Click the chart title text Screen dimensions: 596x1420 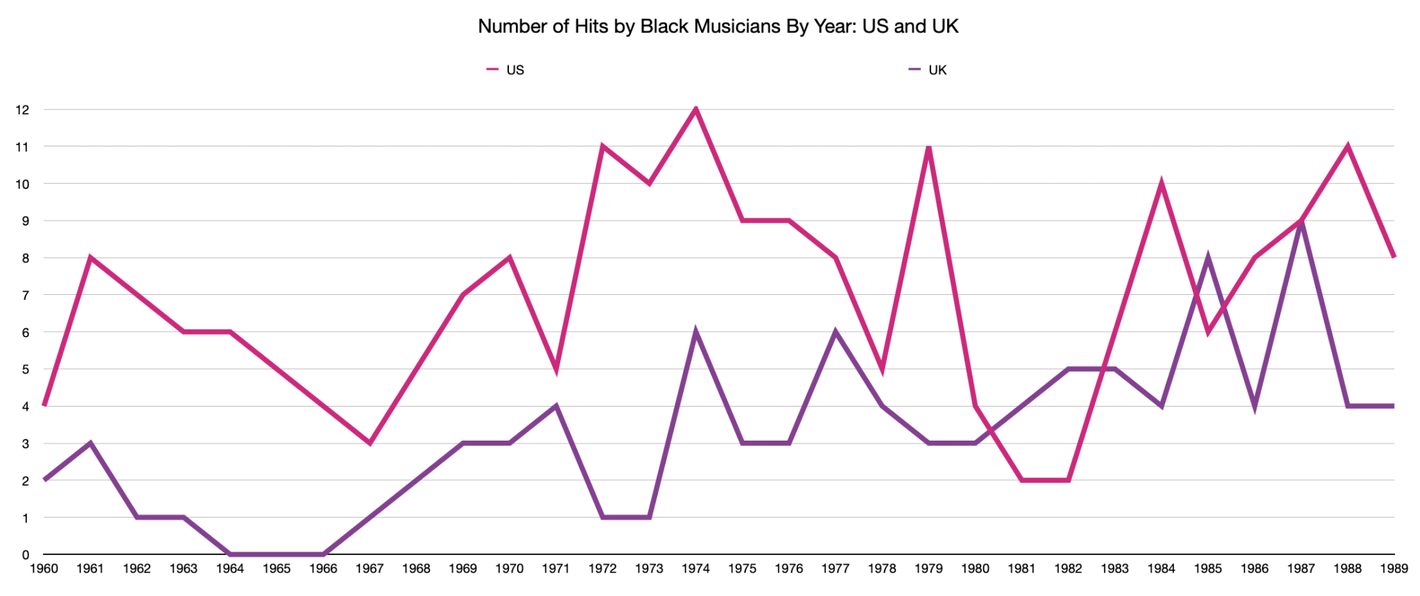tap(718, 26)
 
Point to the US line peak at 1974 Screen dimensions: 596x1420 tap(695, 110)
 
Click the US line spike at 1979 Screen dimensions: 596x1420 tap(928, 147)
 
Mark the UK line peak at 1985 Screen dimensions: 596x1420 tap(1208, 258)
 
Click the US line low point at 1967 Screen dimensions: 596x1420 tap(370, 443)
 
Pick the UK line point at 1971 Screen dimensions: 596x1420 tap(556, 406)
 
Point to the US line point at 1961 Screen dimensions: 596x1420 tap(90, 258)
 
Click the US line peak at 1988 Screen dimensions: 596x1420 tap(1348, 146)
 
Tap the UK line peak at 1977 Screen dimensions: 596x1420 tap(835, 332)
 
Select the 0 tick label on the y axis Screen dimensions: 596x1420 tap(26, 555)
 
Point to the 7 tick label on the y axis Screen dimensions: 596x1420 tap(26, 296)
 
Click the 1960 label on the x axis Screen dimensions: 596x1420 tap(44, 569)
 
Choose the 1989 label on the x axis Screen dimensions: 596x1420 tap(1394, 569)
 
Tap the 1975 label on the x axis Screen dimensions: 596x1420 tap(742, 569)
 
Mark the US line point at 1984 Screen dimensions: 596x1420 tap(1161, 184)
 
